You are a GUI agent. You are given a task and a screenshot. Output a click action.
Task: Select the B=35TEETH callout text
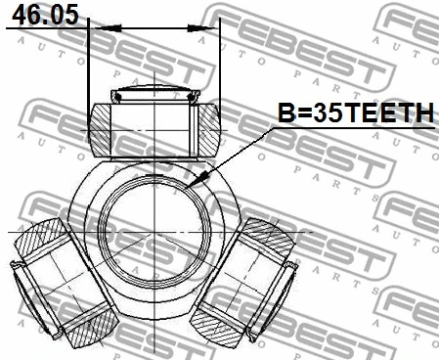click(356, 114)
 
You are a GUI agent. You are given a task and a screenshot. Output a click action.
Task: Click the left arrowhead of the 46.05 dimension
click(96, 29)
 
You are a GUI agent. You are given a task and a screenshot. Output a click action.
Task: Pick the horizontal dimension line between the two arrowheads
click(154, 29)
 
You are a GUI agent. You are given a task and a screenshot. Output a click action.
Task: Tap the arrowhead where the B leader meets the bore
click(199, 181)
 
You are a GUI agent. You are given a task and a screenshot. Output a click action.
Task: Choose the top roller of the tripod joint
click(154, 125)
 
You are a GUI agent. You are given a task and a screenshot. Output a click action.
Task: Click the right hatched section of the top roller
click(210, 125)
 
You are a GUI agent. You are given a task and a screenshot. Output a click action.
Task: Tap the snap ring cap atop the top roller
click(154, 95)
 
